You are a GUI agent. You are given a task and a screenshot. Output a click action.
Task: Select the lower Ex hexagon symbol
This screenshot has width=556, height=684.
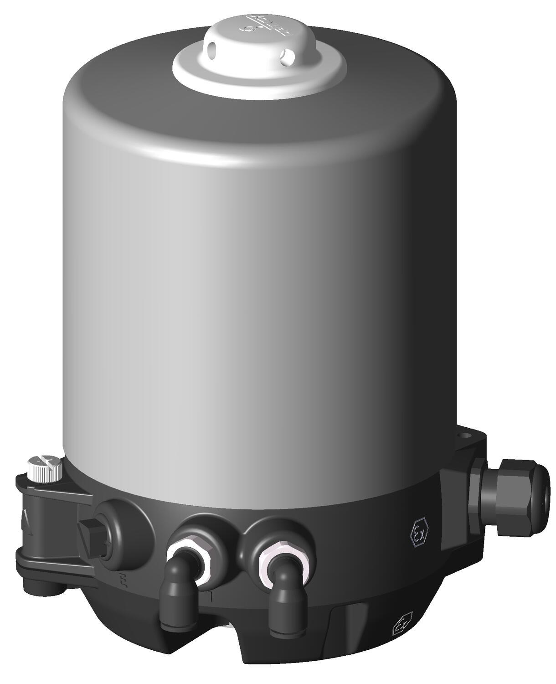(x=402, y=623)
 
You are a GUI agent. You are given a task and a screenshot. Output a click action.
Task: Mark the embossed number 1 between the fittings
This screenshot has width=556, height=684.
(x=211, y=596)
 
